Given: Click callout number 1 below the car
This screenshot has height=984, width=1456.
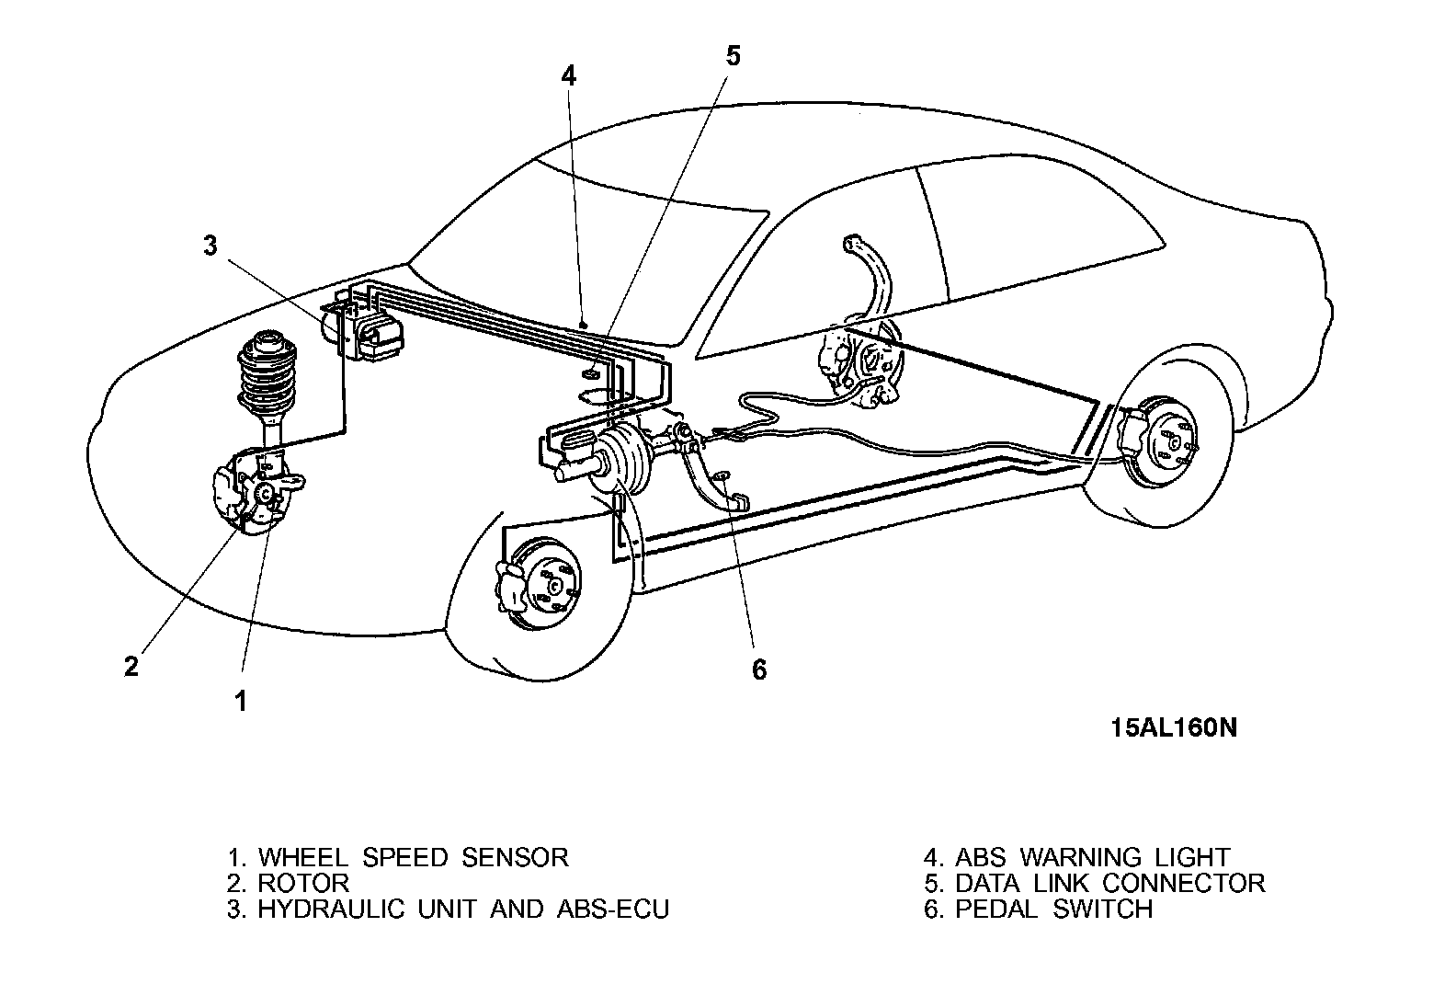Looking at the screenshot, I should [x=241, y=702].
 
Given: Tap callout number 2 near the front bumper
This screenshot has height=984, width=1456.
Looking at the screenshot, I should [x=132, y=666].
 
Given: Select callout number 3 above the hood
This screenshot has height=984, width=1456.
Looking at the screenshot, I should [x=210, y=246].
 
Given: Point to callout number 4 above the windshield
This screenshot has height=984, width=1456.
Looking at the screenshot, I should [x=569, y=75].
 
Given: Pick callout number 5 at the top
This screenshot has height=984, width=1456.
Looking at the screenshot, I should [x=733, y=55].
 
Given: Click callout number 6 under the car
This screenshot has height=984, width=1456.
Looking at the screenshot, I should [x=758, y=669].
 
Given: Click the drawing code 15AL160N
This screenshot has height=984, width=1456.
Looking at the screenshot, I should [x=1173, y=727].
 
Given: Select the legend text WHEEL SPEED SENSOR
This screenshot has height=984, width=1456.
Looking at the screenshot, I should [x=413, y=857].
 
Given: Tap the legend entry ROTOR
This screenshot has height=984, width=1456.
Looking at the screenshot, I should [x=303, y=883].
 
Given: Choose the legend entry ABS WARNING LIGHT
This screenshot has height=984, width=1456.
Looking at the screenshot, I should [x=1092, y=857].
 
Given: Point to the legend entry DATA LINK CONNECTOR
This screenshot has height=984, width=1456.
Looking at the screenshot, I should [x=1109, y=883].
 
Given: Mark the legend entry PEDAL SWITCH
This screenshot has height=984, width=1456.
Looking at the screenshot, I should [x=1053, y=909].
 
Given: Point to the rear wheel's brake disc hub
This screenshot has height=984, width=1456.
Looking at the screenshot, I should [x=1172, y=440].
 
